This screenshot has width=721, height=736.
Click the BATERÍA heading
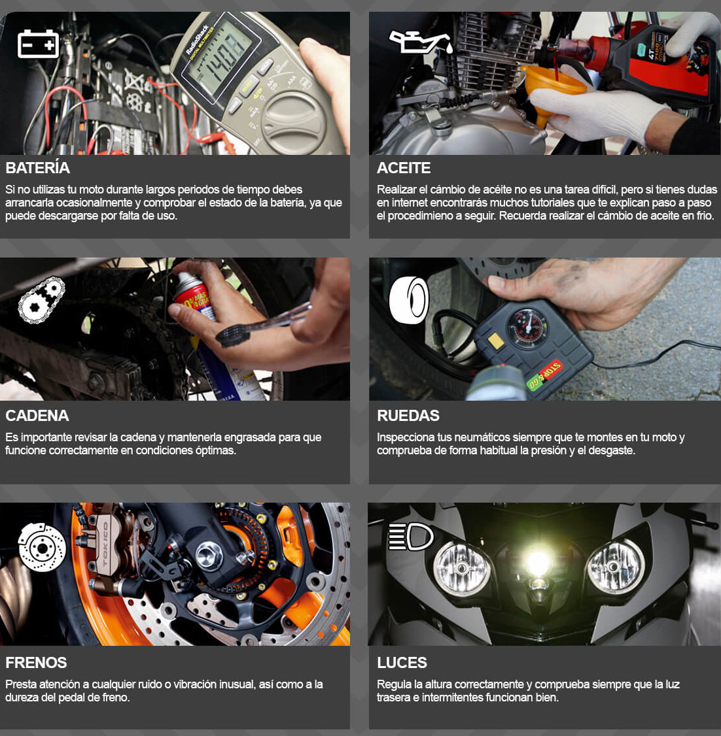pos(37,168)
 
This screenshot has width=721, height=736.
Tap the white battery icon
pos(38,44)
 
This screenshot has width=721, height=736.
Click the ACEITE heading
pos(404,168)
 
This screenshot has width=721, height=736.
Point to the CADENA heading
pos(37,416)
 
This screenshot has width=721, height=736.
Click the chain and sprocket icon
pos(41,300)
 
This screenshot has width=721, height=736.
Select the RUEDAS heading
pos(408,416)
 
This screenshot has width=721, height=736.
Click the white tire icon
pos(409,300)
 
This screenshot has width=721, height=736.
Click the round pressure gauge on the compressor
pos(527,327)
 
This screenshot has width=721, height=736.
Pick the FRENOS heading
pos(36,663)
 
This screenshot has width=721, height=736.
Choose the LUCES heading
pos(402,663)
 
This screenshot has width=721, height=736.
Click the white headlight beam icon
pos(410,537)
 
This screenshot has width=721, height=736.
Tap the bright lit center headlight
pos(538,561)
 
